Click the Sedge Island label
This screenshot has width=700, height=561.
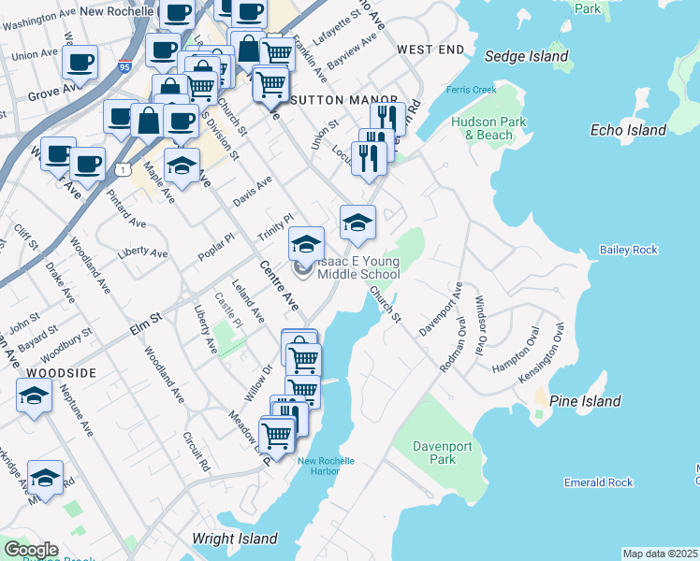(527, 56)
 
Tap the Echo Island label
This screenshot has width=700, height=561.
(629, 131)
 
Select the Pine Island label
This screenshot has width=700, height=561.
(585, 401)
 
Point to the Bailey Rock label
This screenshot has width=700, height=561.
(629, 250)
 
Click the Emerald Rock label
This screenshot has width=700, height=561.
(599, 482)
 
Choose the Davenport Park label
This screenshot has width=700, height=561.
(435, 453)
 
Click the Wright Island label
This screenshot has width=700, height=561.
(235, 539)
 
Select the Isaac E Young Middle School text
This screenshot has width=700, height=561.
(358, 267)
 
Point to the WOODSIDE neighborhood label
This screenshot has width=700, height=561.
(62, 372)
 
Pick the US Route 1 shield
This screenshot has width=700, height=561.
(123, 168)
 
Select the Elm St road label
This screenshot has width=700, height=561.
(143, 318)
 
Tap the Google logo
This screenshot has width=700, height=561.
(31, 550)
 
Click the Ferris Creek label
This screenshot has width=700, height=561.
(471, 90)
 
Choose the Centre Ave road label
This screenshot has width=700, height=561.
(279, 289)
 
